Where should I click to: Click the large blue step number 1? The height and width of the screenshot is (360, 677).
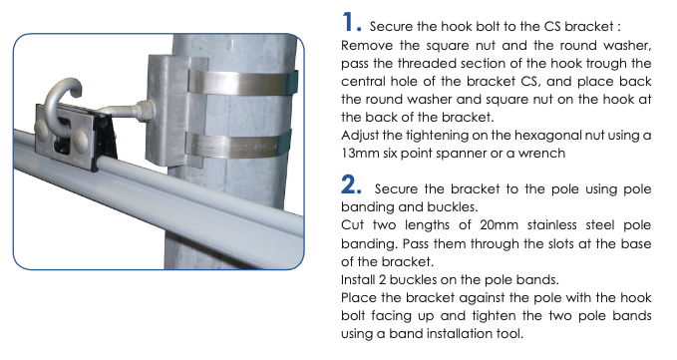click(x=348, y=22)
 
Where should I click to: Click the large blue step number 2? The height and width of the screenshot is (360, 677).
click(x=349, y=184)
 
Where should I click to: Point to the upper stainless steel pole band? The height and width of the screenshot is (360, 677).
click(x=242, y=82)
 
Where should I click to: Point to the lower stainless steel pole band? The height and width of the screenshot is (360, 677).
click(x=238, y=145)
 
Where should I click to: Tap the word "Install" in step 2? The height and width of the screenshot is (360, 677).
click(x=358, y=279)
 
